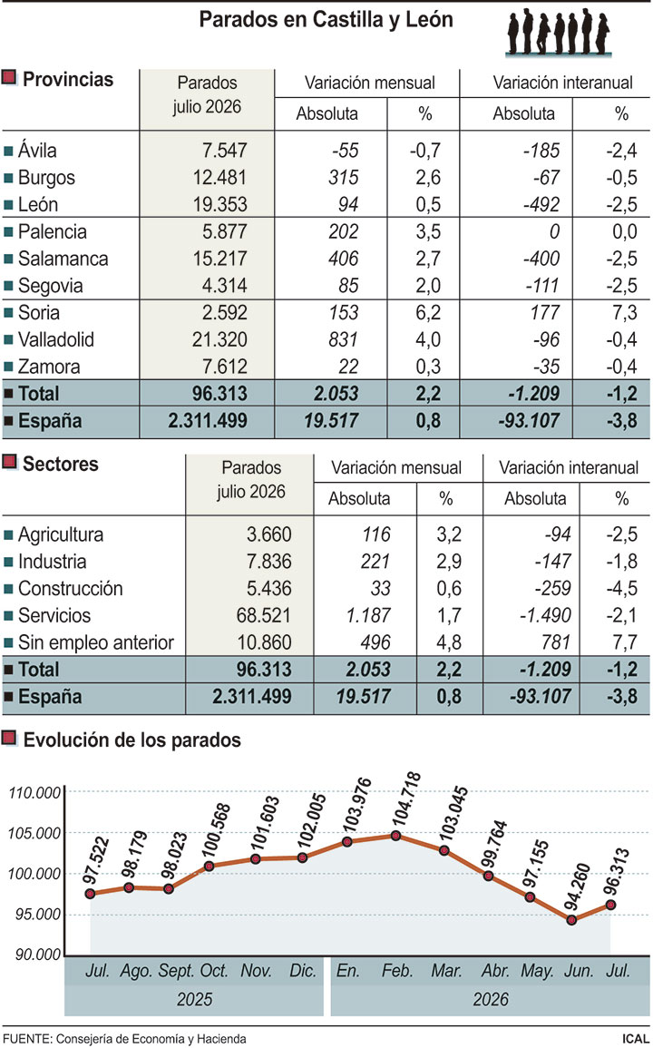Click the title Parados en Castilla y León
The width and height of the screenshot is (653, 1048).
(x=326, y=19)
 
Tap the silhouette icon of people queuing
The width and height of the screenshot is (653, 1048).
(x=559, y=32)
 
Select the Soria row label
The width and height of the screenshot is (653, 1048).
(x=39, y=313)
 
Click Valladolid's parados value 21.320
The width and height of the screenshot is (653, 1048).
(x=219, y=339)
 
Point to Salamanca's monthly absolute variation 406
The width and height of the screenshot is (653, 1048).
(x=343, y=259)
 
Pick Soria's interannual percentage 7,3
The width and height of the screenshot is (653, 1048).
(x=621, y=313)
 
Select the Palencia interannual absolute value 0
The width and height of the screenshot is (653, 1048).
(x=554, y=232)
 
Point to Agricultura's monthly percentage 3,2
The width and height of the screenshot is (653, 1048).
(x=448, y=534)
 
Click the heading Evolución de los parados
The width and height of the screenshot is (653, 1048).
(x=132, y=739)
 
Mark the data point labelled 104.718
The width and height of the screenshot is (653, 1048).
(x=395, y=836)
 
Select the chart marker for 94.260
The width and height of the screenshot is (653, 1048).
(x=571, y=920)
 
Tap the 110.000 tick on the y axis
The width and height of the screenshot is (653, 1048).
(x=35, y=793)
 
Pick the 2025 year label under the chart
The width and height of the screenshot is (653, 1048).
(x=194, y=1000)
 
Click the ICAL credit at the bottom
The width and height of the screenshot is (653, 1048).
(x=633, y=1039)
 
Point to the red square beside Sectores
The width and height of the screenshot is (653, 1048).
(x=9, y=462)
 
